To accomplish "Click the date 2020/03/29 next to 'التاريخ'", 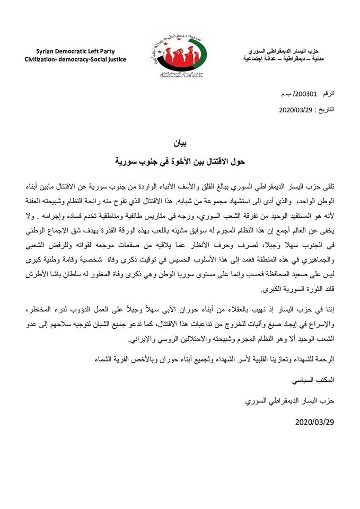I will coord(296,110).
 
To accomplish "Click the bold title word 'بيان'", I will coord(180,144).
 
